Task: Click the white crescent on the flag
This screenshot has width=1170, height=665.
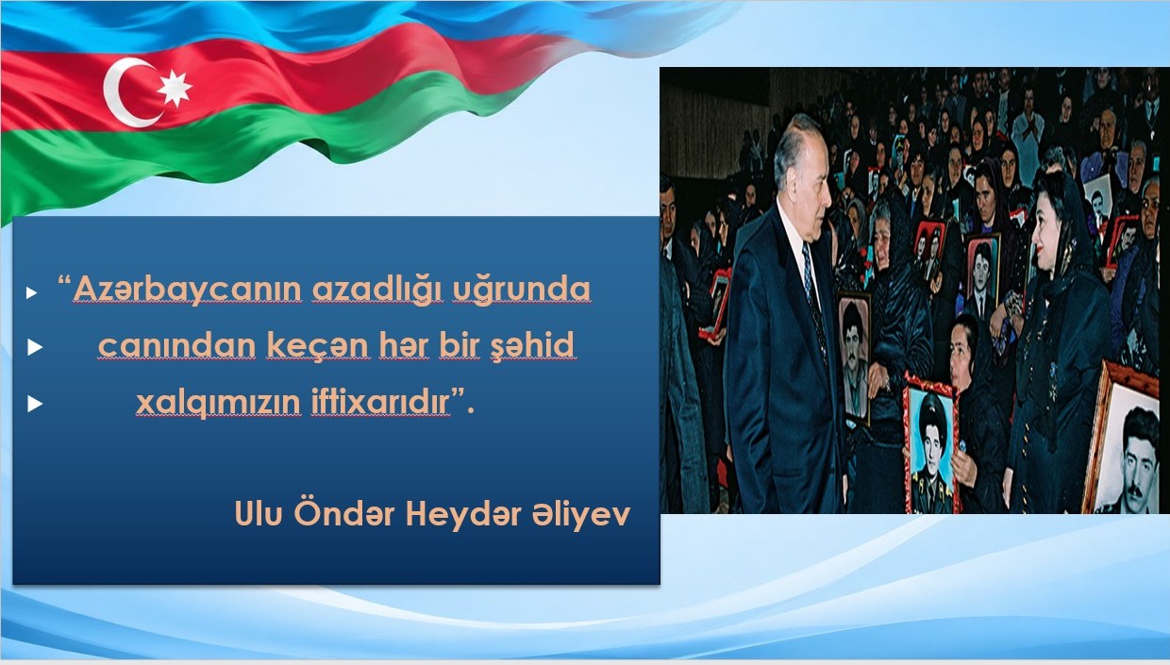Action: point(119,93)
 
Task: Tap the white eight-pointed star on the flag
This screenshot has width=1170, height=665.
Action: point(175,89)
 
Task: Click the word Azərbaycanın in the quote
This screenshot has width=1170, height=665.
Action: point(187,290)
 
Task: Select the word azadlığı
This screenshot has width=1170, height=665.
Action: point(376,290)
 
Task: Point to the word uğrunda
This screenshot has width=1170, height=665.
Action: point(521,290)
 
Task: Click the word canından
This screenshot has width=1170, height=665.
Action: point(176,345)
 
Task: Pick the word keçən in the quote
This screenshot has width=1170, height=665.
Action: point(318,346)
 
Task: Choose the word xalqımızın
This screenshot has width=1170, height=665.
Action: point(218,403)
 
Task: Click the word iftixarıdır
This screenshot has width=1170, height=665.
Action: point(380,402)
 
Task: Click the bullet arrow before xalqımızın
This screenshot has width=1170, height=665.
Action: point(35,404)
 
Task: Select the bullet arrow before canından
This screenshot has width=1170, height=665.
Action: point(35,347)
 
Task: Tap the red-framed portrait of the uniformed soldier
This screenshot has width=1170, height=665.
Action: point(930,444)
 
